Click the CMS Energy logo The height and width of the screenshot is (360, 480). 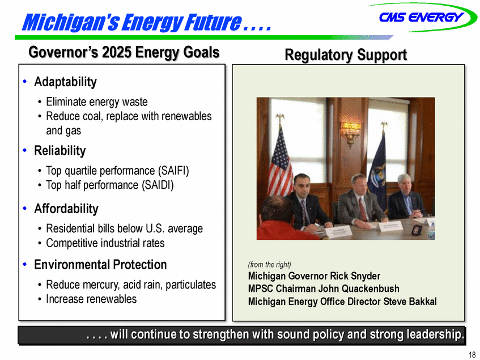pos(422,17)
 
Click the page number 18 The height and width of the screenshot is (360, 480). pos(472,354)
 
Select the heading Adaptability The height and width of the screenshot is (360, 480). pos(65,82)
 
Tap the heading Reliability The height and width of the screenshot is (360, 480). pos(60,151)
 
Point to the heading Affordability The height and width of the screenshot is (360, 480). pos(66,209)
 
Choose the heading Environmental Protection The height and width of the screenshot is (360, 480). pos(100,265)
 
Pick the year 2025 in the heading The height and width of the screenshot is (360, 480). pos(117,52)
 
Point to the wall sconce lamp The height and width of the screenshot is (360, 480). pos(351,132)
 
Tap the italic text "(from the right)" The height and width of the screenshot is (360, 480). pos(269,265)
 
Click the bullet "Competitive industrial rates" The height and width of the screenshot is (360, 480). pos(105,243)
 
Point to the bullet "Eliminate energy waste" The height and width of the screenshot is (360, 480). pos(97,102)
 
